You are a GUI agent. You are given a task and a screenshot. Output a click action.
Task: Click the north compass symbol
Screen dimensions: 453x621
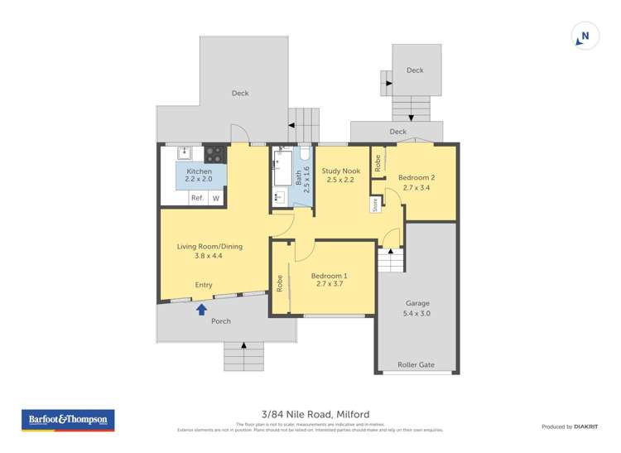585,36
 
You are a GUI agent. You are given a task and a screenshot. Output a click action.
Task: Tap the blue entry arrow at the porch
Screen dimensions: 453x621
200,309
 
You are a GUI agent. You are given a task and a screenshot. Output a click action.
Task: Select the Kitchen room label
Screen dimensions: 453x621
199,171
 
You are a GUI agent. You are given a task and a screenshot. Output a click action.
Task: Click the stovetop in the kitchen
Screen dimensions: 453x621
214,153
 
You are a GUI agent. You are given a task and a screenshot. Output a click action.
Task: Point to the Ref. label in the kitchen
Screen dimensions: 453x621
197,198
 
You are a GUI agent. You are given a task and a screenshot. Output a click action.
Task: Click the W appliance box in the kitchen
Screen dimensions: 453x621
216,198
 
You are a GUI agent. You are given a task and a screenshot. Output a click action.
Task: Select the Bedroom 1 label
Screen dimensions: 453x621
329,276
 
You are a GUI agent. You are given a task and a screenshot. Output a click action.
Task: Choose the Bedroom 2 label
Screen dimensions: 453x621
416,177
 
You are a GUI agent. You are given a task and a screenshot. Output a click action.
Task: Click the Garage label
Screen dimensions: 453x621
416,303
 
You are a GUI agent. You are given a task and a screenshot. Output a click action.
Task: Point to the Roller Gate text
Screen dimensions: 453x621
416,364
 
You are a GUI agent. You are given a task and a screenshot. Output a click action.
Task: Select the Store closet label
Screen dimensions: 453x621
374,205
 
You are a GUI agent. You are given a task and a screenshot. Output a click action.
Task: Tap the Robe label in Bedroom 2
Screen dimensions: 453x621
377,161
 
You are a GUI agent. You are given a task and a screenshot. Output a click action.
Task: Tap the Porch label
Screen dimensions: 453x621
220,320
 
